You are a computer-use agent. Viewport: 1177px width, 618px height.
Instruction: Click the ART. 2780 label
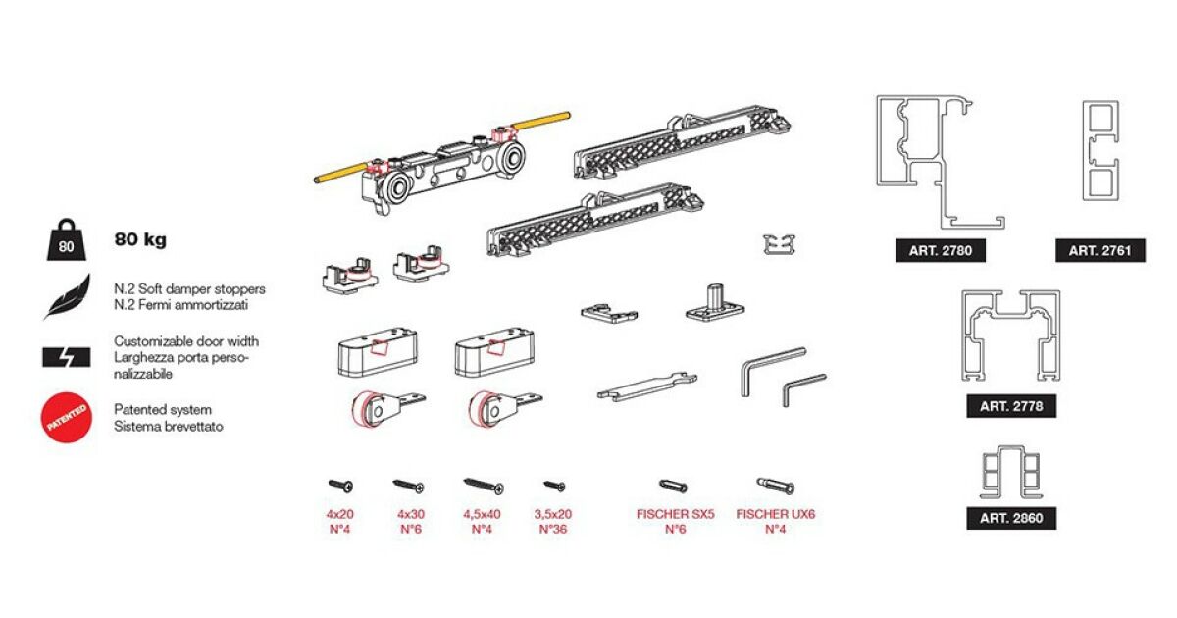pyautogui.click(x=941, y=251)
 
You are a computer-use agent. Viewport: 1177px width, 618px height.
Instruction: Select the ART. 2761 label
pyautogui.click(x=1100, y=251)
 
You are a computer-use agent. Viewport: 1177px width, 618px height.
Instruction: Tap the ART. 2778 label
pyautogui.click(x=1011, y=406)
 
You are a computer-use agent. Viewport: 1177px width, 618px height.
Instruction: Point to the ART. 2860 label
pyautogui.click(x=1011, y=518)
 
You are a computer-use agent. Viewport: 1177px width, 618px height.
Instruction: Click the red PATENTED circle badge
pyautogui.click(x=67, y=418)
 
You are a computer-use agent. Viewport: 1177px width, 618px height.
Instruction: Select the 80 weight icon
pyautogui.click(x=67, y=239)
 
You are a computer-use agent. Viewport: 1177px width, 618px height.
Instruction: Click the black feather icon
pyautogui.click(x=68, y=297)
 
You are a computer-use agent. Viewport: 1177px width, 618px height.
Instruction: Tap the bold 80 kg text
pyautogui.click(x=140, y=239)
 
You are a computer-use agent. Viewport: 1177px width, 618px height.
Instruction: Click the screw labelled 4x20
pyautogui.click(x=341, y=486)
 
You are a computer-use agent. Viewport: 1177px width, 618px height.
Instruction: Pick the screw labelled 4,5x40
pyautogui.click(x=484, y=487)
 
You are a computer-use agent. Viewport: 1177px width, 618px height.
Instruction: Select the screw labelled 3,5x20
pyautogui.click(x=554, y=487)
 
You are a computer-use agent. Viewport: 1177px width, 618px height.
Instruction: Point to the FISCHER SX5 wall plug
pyautogui.click(x=673, y=487)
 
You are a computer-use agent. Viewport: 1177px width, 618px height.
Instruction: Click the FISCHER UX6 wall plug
pyautogui.click(x=776, y=487)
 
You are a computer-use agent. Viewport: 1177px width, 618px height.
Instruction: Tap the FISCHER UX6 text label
pyautogui.click(x=776, y=514)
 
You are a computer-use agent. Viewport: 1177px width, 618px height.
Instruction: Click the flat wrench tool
pyautogui.click(x=647, y=386)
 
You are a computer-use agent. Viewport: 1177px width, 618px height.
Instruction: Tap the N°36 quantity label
pyautogui.click(x=553, y=529)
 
